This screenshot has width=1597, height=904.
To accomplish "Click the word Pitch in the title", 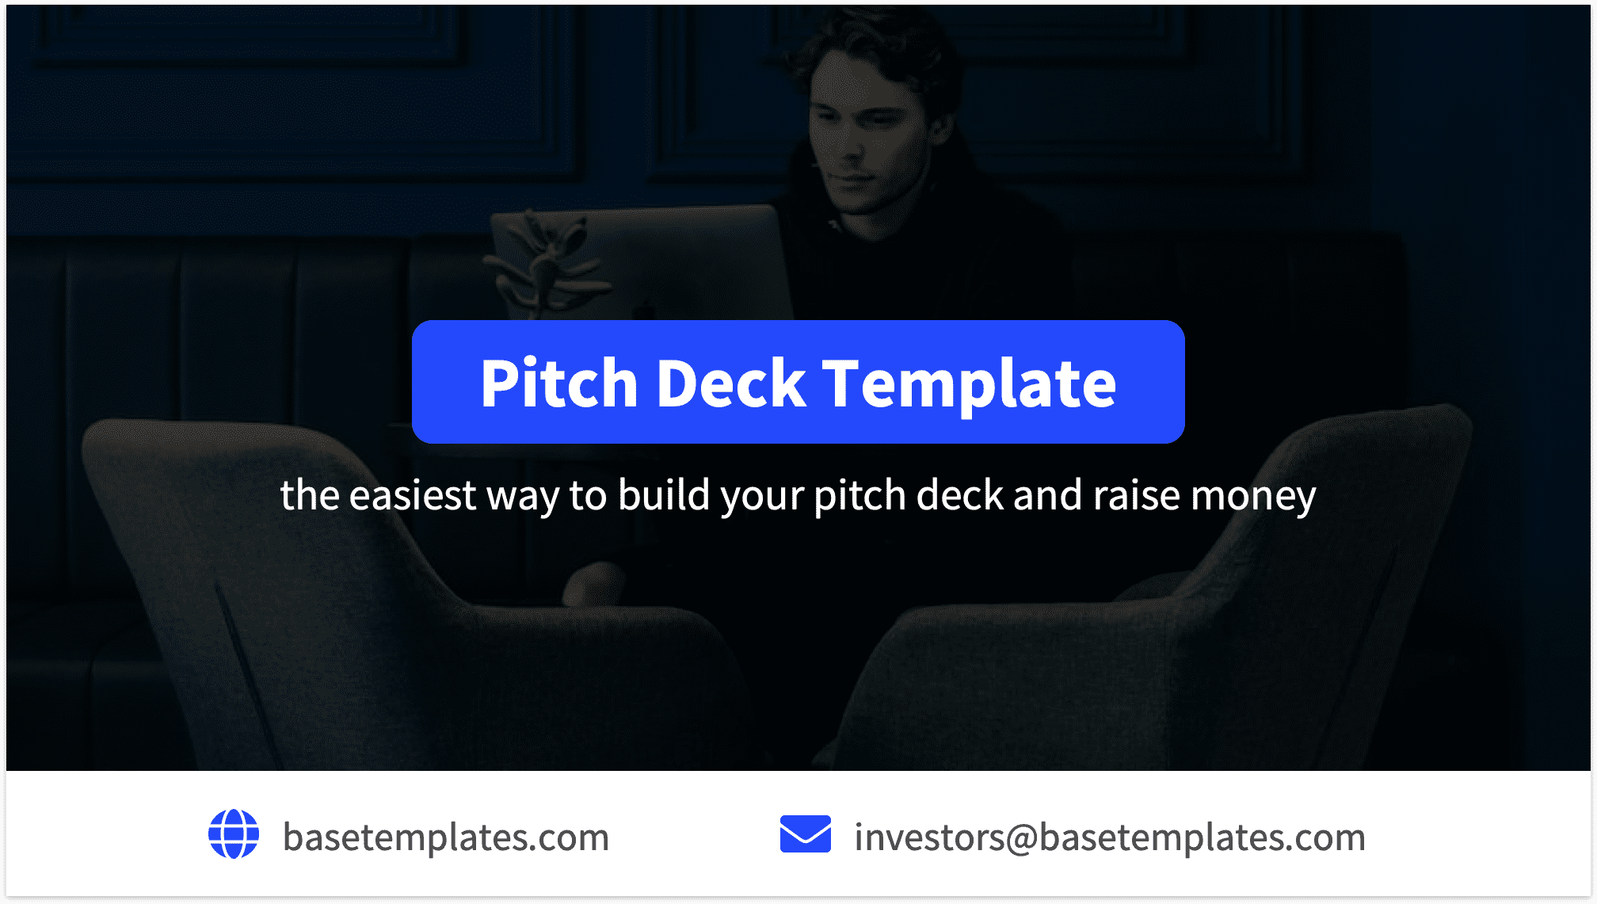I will pyautogui.click(x=558, y=383).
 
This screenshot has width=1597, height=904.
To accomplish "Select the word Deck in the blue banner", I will pyautogui.click(x=730, y=383).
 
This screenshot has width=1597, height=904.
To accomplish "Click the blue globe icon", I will pyautogui.click(x=234, y=834).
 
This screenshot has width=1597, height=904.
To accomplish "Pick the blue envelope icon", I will pyautogui.click(x=805, y=834).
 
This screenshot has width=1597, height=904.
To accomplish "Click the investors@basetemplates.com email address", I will pyautogui.click(x=1109, y=837).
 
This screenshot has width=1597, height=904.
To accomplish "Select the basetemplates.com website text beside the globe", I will pyautogui.click(x=446, y=837).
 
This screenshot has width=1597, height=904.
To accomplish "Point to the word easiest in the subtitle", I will pyautogui.click(x=413, y=496).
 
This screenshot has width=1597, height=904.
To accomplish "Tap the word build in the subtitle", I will pyautogui.click(x=664, y=496).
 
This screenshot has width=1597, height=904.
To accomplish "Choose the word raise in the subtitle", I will pyautogui.click(x=1136, y=496).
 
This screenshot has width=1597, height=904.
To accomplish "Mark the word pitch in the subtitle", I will pyautogui.click(x=859, y=496).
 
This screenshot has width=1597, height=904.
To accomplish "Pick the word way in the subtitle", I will pyautogui.click(x=522, y=496).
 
